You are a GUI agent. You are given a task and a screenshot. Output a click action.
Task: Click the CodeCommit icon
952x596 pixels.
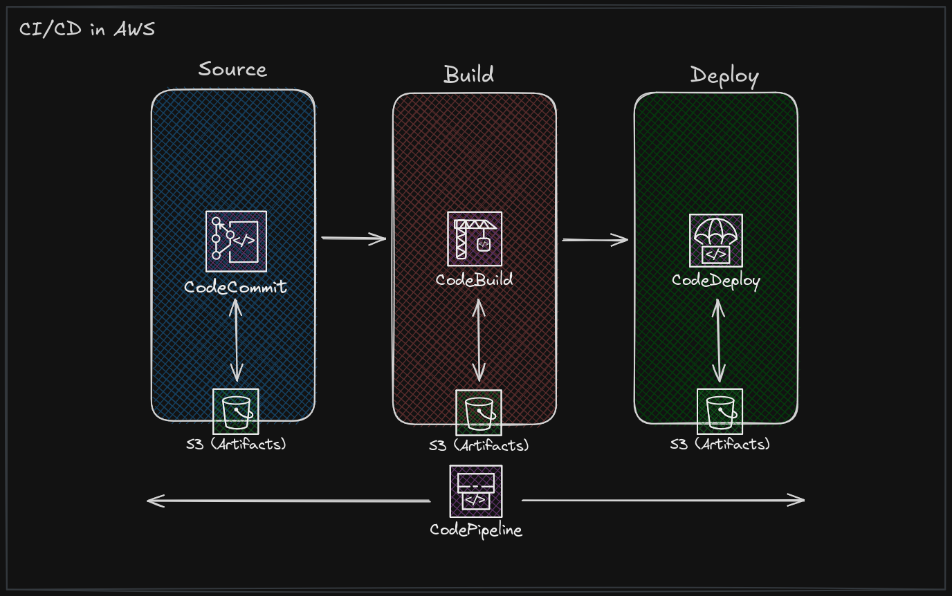coord(237,241)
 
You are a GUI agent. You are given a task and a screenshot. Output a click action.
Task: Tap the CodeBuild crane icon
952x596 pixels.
coord(475,239)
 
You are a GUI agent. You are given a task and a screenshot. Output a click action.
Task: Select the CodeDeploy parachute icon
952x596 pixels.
coord(716,241)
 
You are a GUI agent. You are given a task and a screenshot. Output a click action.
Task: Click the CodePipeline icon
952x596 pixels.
coord(476,492)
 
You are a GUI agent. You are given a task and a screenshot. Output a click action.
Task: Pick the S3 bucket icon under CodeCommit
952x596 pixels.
coord(236,411)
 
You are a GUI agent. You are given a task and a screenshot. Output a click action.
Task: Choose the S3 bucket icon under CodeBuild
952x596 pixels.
coord(479,413)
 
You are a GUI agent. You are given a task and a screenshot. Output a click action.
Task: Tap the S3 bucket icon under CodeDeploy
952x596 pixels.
coord(720,411)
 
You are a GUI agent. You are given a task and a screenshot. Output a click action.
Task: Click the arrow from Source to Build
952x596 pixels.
coord(354,239)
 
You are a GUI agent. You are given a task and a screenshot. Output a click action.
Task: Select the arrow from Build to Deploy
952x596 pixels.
coord(595,240)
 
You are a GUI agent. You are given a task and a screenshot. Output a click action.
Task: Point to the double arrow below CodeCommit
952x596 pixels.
coord(237,340)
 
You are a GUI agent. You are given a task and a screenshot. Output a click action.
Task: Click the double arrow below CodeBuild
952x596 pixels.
coord(479,340)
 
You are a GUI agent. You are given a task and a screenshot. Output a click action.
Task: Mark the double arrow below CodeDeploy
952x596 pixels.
coord(719,341)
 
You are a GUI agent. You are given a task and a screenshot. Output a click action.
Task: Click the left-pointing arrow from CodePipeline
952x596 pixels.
coord(289,501)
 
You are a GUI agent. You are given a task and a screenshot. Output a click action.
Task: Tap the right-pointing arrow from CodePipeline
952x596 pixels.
coord(663,500)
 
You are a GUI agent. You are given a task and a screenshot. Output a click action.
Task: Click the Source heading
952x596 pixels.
coord(233,69)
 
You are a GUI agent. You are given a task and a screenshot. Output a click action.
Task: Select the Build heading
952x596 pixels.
coord(469,75)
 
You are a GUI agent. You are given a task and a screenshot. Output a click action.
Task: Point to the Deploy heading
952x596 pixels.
coord(724,76)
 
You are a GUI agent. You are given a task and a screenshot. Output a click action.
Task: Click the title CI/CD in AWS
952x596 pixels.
coord(87,29)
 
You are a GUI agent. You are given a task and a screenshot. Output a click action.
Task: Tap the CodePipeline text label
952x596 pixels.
coord(476,530)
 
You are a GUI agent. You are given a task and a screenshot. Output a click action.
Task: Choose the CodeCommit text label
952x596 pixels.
coord(235,287)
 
